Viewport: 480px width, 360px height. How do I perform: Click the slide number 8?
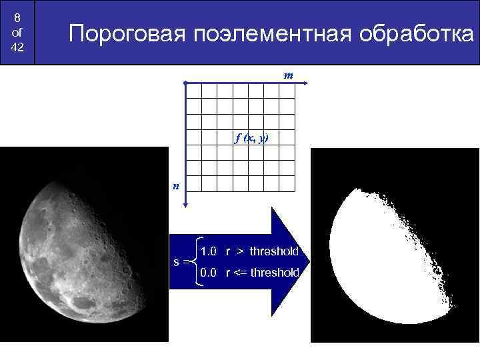[17, 17]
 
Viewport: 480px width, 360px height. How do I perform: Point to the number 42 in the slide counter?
[17, 48]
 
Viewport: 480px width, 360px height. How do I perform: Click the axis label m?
[288, 75]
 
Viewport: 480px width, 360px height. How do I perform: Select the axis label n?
[175, 186]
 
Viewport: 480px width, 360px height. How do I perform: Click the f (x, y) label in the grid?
[251, 138]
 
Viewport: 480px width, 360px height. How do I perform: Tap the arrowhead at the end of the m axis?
[303, 83]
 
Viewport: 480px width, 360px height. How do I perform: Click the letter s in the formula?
[176, 262]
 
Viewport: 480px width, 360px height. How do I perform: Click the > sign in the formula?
[238, 251]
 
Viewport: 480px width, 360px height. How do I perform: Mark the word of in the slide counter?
[17, 33]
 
